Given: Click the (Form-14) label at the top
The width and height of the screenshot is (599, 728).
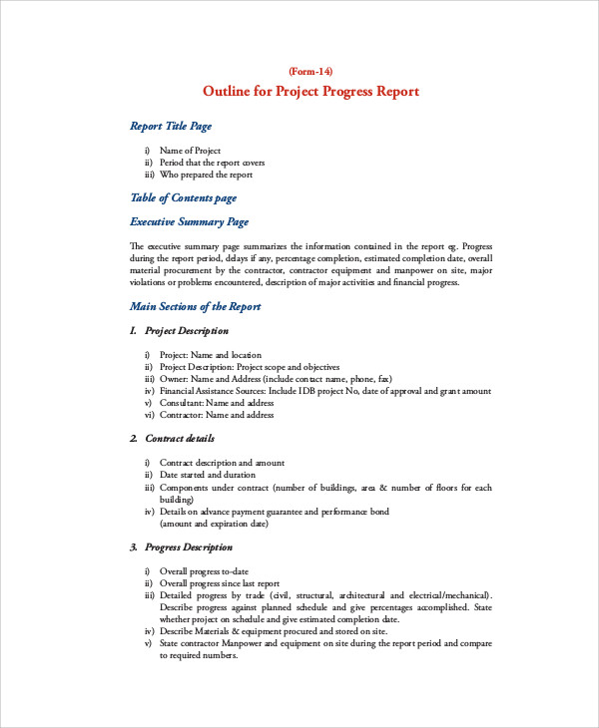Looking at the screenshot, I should (310, 71).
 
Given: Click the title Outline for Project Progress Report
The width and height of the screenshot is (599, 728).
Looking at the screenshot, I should (310, 92).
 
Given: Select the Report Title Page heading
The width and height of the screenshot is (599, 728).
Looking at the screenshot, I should (171, 127).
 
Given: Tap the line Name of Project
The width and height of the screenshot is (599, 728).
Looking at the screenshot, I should (190, 151).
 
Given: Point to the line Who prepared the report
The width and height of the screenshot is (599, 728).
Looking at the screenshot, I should (205, 175).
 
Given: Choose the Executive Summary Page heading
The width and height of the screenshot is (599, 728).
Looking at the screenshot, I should (190, 222).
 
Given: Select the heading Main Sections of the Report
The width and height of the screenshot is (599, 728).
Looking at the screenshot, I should (196, 307).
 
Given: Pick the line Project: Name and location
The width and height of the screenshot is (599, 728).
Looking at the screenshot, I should (211, 355).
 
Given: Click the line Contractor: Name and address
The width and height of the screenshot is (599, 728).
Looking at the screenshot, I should (217, 415).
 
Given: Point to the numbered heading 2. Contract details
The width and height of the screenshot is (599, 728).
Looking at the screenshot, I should (173, 439).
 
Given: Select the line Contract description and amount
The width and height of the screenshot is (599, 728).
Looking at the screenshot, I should (222, 463).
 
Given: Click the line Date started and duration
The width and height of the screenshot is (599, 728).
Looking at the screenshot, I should (211, 475).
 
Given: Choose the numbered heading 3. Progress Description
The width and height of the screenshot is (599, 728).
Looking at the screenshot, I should (182, 547).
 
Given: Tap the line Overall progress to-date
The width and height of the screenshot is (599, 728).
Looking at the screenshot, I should (211, 571).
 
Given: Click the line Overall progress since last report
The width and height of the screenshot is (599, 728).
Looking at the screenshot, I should (220, 583).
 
